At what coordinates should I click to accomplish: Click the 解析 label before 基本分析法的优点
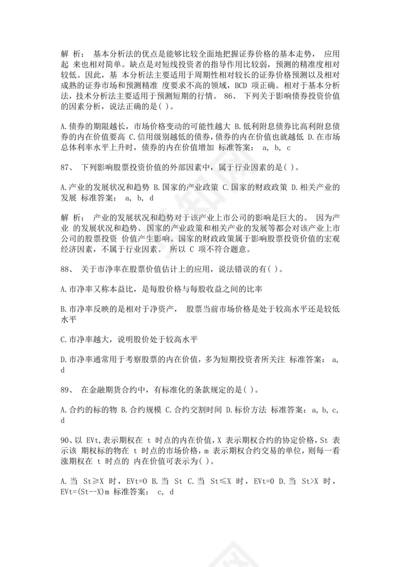click(72, 54)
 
